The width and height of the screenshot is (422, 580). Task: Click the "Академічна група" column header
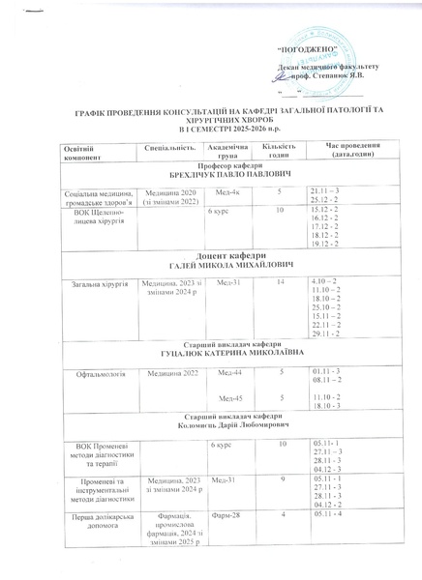click(227, 149)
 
